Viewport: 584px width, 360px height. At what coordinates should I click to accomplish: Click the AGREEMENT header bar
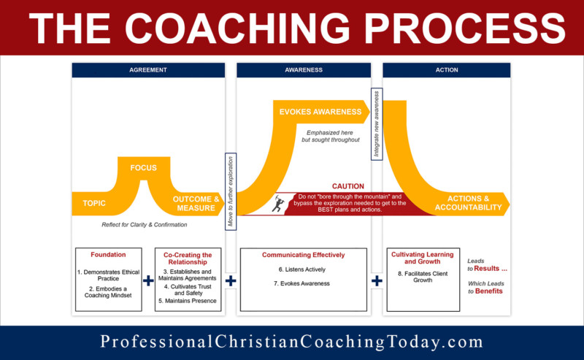tap(148, 70)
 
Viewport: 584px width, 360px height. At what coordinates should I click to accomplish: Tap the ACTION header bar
tap(447, 70)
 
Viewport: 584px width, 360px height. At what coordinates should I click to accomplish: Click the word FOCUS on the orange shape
tap(144, 168)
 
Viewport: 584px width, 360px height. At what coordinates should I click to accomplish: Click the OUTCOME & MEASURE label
tap(196, 204)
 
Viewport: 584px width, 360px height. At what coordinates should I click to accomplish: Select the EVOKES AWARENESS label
tap(320, 112)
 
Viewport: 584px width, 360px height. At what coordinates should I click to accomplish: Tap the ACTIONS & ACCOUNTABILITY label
tap(468, 203)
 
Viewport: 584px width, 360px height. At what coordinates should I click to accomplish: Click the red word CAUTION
tap(347, 186)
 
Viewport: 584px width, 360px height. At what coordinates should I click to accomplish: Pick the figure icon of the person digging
tap(277, 203)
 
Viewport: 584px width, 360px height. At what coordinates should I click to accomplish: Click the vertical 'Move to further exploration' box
tap(230, 191)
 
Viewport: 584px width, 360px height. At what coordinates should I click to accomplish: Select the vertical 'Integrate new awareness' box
tap(377, 123)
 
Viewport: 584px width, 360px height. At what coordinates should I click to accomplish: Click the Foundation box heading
tap(108, 255)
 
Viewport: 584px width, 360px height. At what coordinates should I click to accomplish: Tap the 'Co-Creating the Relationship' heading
tap(187, 258)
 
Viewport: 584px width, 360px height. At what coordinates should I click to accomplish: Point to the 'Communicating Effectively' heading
tap(304, 255)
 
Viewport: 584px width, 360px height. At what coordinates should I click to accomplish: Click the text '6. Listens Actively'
tap(303, 269)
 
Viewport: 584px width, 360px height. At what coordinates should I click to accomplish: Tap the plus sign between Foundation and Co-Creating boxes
tap(148, 280)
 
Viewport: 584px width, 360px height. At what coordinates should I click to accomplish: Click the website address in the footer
tap(291, 342)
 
